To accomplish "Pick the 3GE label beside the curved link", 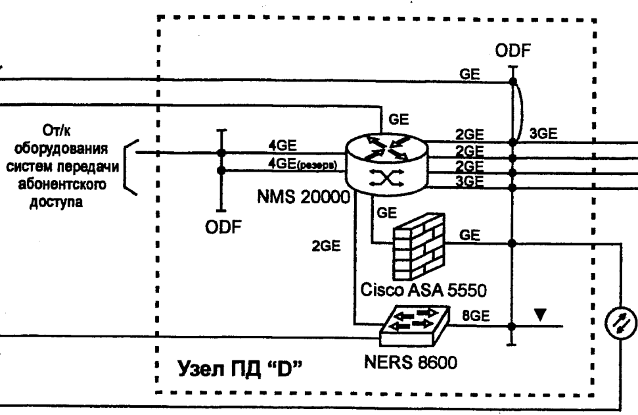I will (545, 134).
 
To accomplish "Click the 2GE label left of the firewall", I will (326, 247).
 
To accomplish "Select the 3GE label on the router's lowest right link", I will (469, 180).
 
